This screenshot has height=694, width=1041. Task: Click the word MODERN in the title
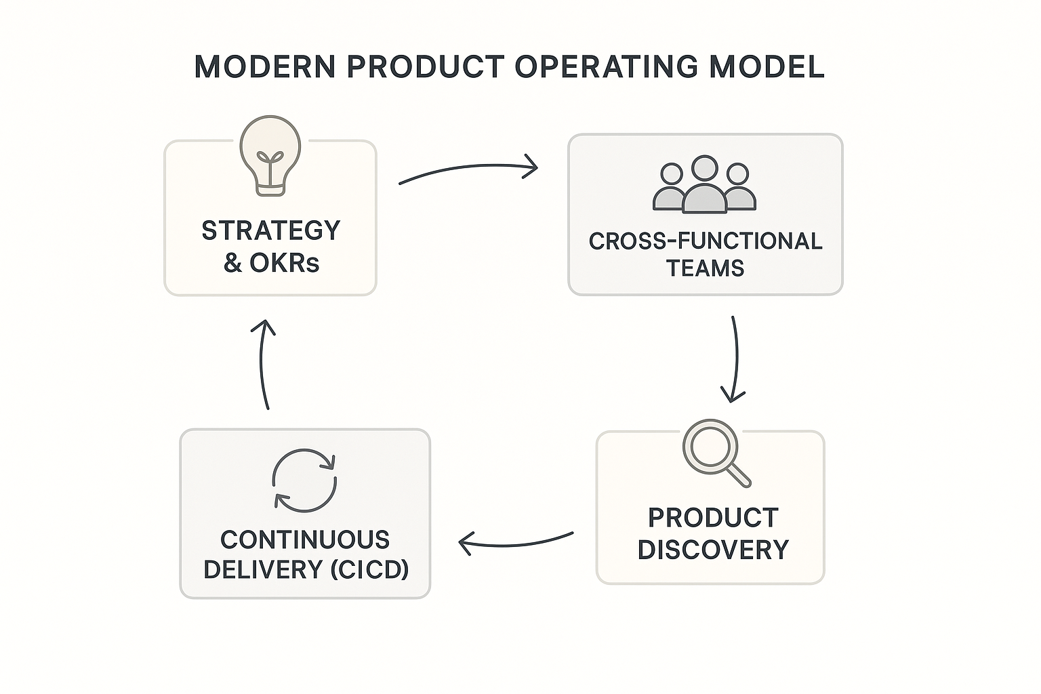[x=264, y=67]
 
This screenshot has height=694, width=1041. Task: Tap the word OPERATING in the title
[x=606, y=67]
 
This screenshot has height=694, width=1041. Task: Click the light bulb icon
[x=270, y=155]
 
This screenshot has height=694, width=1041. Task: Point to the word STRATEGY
[x=270, y=231]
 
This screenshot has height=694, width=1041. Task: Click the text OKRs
[x=285, y=263]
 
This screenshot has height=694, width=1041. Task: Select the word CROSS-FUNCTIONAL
[x=705, y=241]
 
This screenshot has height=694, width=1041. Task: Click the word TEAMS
[x=705, y=268]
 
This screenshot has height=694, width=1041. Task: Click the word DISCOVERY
[x=713, y=550]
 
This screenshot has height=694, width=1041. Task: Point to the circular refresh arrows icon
[x=304, y=480]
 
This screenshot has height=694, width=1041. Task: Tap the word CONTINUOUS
[x=305, y=540]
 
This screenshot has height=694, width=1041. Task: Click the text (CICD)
[x=369, y=569]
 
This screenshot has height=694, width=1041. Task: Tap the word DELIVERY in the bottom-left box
[x=263, y=569]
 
